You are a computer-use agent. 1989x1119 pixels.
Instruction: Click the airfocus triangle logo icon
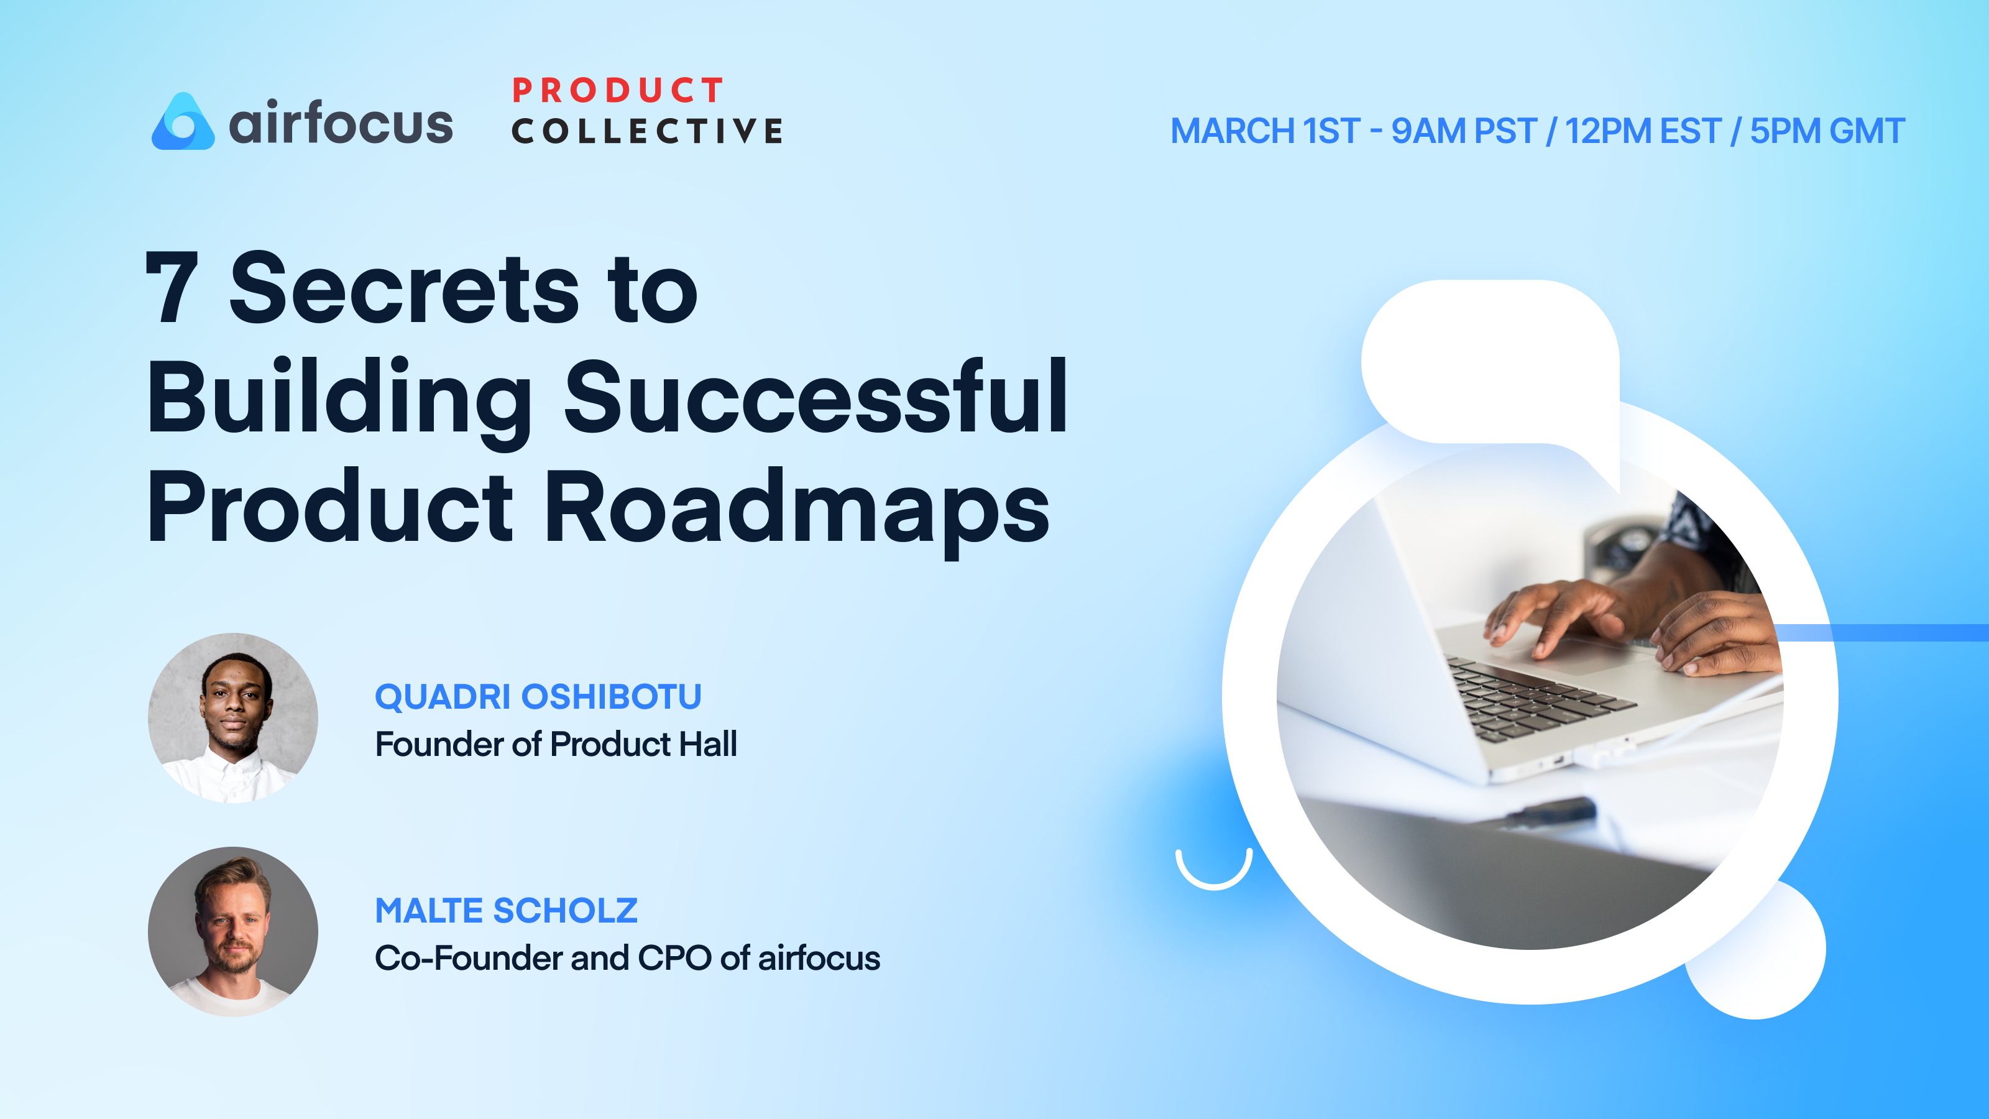point(183,123)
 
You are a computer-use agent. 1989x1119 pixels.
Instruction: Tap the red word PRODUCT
point(618,90)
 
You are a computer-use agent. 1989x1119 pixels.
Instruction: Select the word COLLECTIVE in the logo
point(647,131)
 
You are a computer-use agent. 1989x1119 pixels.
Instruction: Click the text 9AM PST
point(1463,131)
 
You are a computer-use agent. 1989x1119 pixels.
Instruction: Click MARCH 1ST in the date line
point(1264,131)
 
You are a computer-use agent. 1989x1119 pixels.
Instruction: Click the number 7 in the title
point(172,288)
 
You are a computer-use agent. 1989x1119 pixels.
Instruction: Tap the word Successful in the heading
point(815,398)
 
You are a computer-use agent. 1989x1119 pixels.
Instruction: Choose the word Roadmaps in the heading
point(797,508)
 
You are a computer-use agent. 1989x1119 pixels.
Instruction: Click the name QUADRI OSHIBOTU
point(538,696)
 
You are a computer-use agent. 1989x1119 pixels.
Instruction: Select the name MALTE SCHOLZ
point(506,911)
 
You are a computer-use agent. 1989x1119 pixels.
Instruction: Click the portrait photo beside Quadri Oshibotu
point(233,718)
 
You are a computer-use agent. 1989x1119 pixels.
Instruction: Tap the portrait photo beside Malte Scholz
point(233,931)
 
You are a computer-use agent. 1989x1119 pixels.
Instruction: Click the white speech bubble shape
point(1491,363)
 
